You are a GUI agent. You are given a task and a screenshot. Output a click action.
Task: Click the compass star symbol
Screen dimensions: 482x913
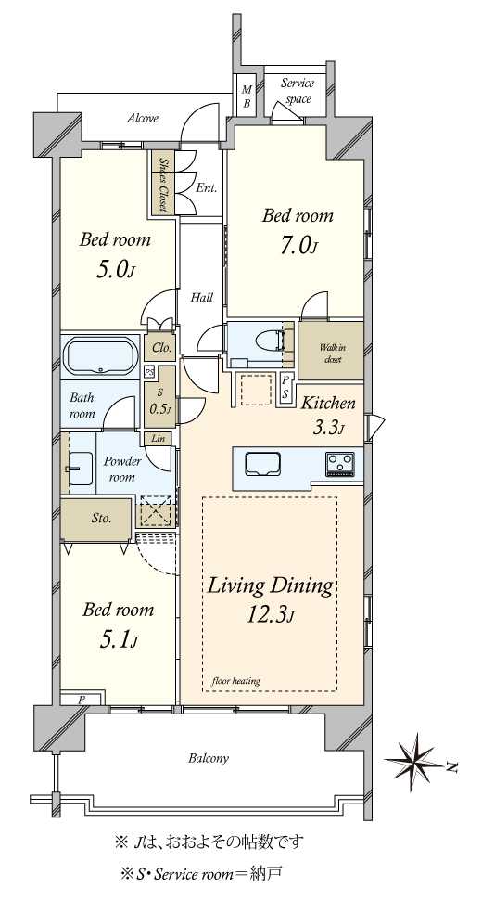coord(415,759)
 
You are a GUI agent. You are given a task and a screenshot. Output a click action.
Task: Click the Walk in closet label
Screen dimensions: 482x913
coord(330,354)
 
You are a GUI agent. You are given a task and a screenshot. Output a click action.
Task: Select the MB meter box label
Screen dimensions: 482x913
coord(247,96)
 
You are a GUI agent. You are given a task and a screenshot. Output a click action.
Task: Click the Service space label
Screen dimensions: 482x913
coord(298,91)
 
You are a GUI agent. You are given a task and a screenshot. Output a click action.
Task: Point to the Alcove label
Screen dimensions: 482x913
coord(143,119)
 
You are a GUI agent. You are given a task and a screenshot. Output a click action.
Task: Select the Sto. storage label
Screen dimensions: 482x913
coord(101,519)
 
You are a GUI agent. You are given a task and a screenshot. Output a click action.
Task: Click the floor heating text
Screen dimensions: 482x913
coord(235,680)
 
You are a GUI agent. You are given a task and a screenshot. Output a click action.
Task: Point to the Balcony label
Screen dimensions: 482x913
coord(209,758)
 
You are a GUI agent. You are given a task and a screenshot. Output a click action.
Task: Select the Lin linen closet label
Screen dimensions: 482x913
coord(159,438)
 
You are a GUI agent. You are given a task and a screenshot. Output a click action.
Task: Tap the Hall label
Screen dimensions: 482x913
coord(202,298)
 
